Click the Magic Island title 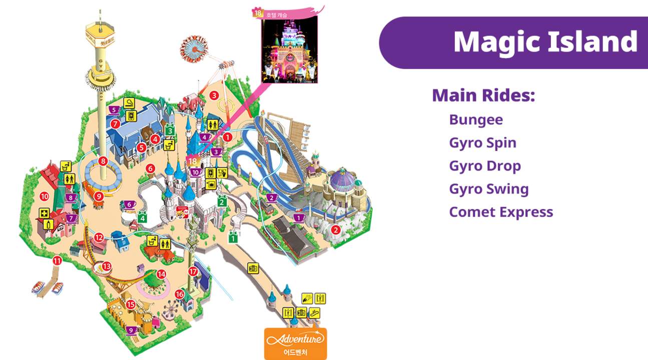(x=545, y=41)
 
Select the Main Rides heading (x=483, y=95)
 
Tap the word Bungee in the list (x=476, y=120)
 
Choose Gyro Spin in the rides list (x=482, y=143)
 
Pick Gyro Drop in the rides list (x=485, y=166)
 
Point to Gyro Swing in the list (x=488, y=189)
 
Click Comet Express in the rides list (x=501, y=212)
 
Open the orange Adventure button (x=295, y=343)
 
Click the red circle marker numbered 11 (x=57, y=260)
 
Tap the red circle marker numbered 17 (x=194, y=271)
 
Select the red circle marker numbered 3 (x=214, y=95)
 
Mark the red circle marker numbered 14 (x=161, y=274)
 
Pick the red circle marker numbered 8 (x=103, y=161)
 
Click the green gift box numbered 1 (x=233, y=238)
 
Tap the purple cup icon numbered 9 (x=131, y=330)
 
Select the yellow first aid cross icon (x=44, y=213)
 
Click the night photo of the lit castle (x=290, y=48)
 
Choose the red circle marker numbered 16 (x=180, y=294)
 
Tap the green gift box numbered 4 (x=143, y=217)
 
